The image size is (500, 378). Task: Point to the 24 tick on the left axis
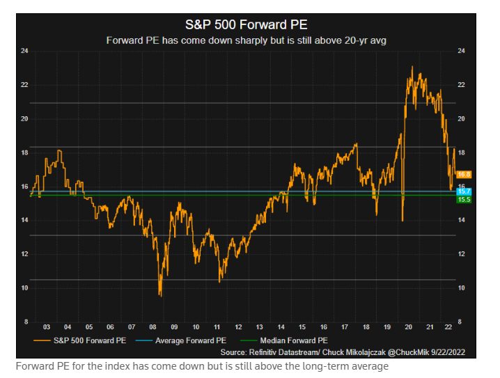25,52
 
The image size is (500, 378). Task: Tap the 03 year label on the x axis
46,326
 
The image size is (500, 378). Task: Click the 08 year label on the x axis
153,326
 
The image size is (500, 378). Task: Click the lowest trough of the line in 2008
161,296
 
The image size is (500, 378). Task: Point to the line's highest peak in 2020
412,67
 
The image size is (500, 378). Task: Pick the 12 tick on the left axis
25,254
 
